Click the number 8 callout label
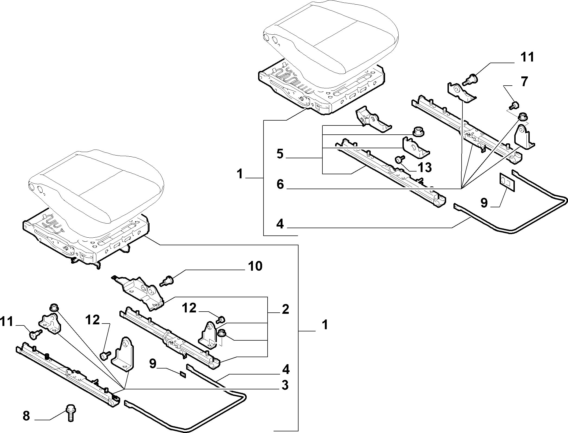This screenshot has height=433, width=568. click(x=26, y=416)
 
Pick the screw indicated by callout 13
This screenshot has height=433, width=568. click(x=399, y=161)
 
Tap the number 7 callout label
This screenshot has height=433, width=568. click(x=524, y=82)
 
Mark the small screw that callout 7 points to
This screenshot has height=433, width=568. click(x=514, y=105)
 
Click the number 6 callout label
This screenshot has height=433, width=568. click(x=280, y=184)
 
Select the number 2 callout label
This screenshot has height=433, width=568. click(x=285, y=309)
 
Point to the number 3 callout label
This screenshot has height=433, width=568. click(x=285, y=385)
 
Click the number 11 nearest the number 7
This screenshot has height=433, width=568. click(x=527, y=57)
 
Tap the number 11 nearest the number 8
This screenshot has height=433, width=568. click(x=7, y=322)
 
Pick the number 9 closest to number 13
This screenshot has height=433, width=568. click(x=484, y=203)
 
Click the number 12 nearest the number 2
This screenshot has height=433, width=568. click(x=189, y=308)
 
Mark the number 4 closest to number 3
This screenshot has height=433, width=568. click(x=285, y=369)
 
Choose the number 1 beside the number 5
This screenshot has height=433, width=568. click(x=239, y=174)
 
